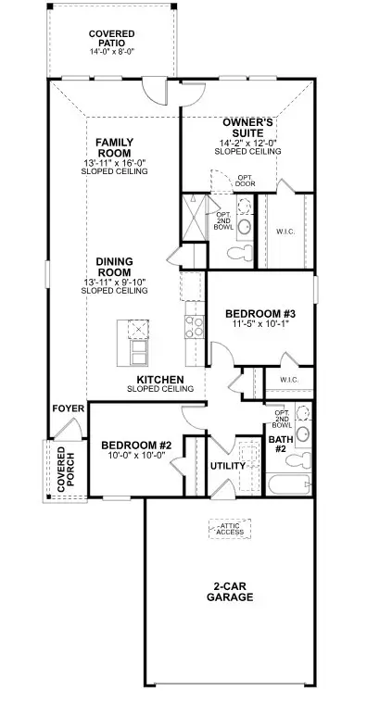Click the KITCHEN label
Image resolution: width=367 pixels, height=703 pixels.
(x=160, y=380)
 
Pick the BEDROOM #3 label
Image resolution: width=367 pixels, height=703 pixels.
(x=261, y=314)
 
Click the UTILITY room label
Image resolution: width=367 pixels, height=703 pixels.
(x=227, y=466)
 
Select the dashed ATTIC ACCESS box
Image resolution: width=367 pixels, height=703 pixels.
(x=230, y=529)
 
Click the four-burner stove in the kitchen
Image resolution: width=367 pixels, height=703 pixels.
(x=195, y=325)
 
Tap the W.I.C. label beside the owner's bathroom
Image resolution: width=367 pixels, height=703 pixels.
(x=285, y=231)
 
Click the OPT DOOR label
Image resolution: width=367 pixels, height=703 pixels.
(x=245, y=180)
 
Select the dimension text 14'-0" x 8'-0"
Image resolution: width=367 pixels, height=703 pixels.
(x=112, y=54)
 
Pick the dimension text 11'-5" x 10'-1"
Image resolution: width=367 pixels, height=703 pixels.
(x=261, y=326)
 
